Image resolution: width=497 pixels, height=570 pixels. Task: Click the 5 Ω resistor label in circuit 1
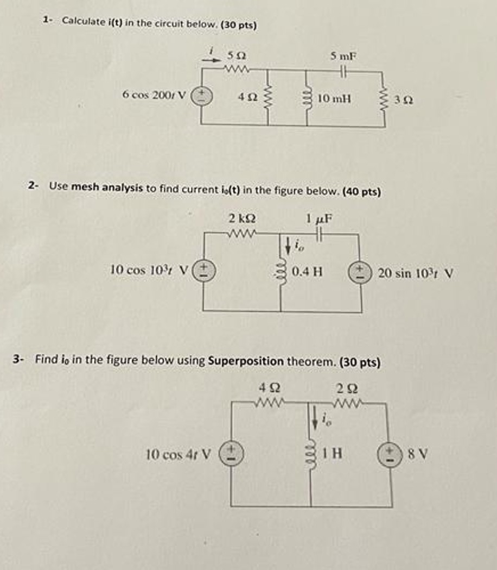(x=237, y=55)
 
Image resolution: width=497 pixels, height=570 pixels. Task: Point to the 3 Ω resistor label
(x=404, y=100)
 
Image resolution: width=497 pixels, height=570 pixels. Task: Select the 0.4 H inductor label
(x=308, y=271)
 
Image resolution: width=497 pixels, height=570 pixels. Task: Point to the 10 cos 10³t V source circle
(x=204, y=270)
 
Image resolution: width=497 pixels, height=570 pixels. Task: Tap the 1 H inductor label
(x=332, y=452)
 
